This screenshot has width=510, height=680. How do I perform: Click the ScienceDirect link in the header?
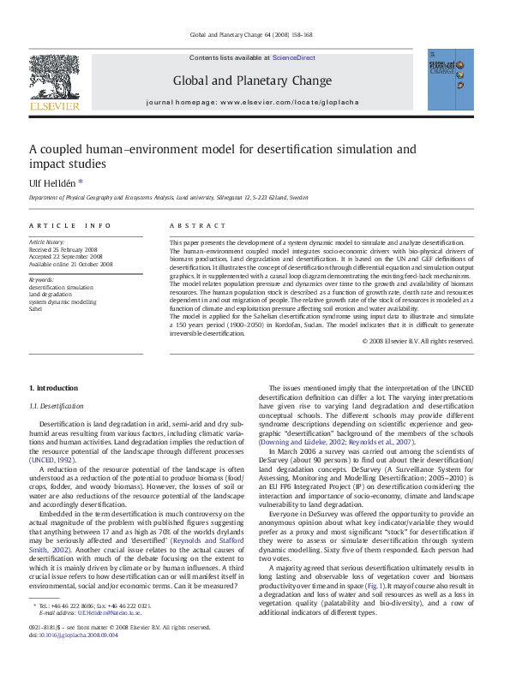pyautogui.click(x=293, y=58)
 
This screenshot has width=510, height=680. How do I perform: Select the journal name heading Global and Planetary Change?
pyautogui.click(x=252, y=81)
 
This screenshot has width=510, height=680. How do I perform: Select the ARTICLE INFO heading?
pyautogui.click(x=69, y=225)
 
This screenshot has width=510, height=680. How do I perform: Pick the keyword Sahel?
pyautogui.click(x=37, y=308)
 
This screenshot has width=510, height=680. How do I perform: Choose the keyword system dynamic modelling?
pyautogui.click(x=63, y=301)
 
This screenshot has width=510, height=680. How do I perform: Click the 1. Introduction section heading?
pyautogui.click(x=53, y=389)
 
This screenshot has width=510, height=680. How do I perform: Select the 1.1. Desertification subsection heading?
pyautogui.click(x=57, y=406)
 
